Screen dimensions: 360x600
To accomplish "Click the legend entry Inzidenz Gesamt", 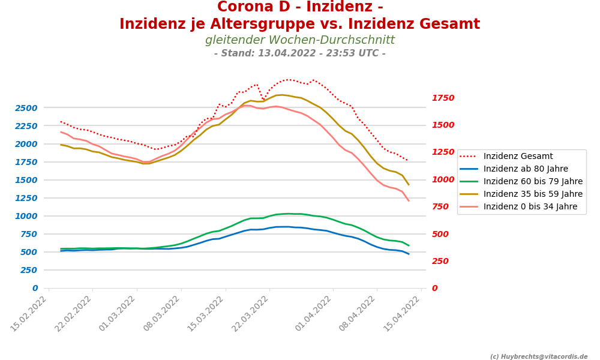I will (x=518, y=157).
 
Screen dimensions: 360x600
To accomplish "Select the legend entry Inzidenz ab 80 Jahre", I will (x=526, y=169).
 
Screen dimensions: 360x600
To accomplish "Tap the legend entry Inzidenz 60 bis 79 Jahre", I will (x=533, y=182).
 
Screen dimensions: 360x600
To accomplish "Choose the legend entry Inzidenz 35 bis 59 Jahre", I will (x=533, y=194).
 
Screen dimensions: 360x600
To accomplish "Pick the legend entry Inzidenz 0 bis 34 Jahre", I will (x=530, y=207).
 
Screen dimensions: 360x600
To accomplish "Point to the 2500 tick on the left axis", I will (x=26, y=108).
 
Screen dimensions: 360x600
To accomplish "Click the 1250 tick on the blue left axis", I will (x=26, y=198).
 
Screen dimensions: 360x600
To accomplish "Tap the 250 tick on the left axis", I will (x=29, y=270).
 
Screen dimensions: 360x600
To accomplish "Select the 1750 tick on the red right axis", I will (x=443, y=98).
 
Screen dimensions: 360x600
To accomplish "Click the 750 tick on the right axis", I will (x=440, y=206).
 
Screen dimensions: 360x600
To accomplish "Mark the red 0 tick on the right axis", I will (x=434, y=288).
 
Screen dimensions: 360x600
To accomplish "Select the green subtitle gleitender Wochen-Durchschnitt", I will (x=300, y=40).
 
